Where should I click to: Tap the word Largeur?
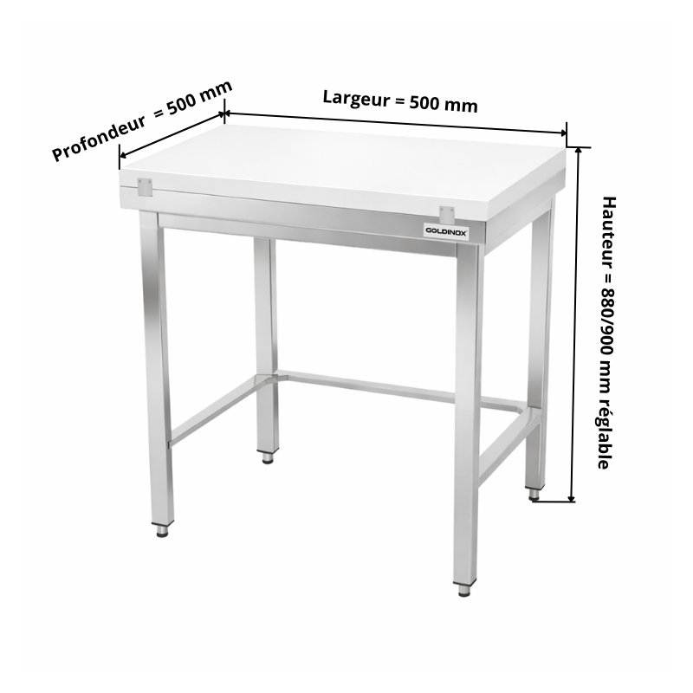point(356,99)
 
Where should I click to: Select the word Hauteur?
point(609,232)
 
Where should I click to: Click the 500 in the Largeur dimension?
point(424,102)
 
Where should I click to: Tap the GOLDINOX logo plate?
point(446,231)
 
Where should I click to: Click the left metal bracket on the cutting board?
point(145,187)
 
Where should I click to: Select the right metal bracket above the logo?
point(447,214)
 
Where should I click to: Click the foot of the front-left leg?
point(162,530)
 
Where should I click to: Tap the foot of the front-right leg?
point(464,590)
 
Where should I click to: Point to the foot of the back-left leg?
point(268,457)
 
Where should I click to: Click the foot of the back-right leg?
point(534,494)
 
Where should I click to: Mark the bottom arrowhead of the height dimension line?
point(572,498)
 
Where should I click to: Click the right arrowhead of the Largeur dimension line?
point(562,133)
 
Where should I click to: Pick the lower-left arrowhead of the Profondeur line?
point(124,155)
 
